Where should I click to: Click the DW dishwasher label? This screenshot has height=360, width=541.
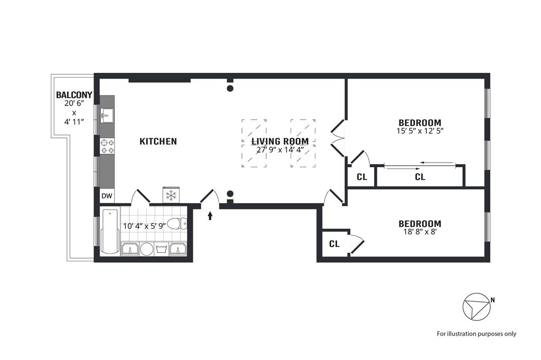(107, 196)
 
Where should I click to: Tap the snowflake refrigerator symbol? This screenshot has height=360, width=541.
(171, 195)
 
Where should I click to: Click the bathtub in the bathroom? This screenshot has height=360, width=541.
(110, 231)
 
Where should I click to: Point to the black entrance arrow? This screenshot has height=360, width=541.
(210, 215)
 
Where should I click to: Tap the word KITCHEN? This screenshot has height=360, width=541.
(158, 141)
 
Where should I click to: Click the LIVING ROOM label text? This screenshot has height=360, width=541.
(279, 141)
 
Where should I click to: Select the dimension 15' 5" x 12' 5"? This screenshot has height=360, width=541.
(419, 130)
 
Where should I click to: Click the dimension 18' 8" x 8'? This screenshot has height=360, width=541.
(419, 231)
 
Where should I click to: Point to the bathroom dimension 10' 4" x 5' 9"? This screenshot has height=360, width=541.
(144, 225)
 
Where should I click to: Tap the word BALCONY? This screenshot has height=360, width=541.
(74, 96)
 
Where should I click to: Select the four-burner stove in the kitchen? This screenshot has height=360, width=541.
(107, 146)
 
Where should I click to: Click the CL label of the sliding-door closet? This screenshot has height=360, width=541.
(420, 177)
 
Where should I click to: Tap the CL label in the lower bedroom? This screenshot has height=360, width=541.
(334, 244)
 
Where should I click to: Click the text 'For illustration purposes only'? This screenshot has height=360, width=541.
(476, 334)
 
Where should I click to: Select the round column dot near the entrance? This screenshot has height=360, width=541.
(230, 194)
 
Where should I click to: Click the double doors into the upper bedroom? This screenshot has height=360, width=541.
(337, 138)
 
